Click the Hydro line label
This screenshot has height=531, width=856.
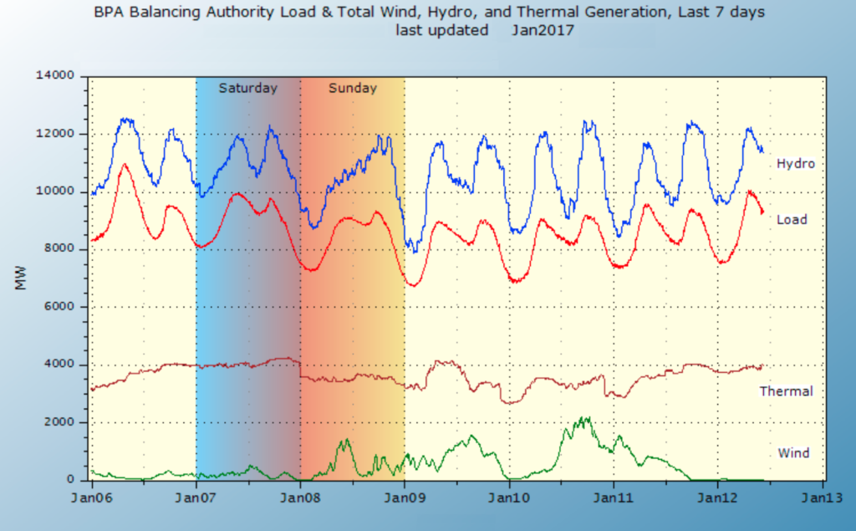(795, 164)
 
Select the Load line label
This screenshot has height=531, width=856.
(792, 220)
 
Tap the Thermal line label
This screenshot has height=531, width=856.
(786, 391)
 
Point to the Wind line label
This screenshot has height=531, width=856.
(793, 453)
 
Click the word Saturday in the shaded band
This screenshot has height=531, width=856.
(247, 88)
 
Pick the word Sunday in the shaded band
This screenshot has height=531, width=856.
(352, 88)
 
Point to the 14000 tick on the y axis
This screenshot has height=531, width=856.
(58, 76)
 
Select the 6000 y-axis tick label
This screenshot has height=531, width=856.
(61, 307)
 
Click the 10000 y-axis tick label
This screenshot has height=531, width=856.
(58, 191)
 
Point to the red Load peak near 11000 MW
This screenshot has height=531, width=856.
(125, 165)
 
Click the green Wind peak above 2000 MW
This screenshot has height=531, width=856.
(586, 417)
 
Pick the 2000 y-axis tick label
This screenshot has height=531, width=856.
(61, 422)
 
